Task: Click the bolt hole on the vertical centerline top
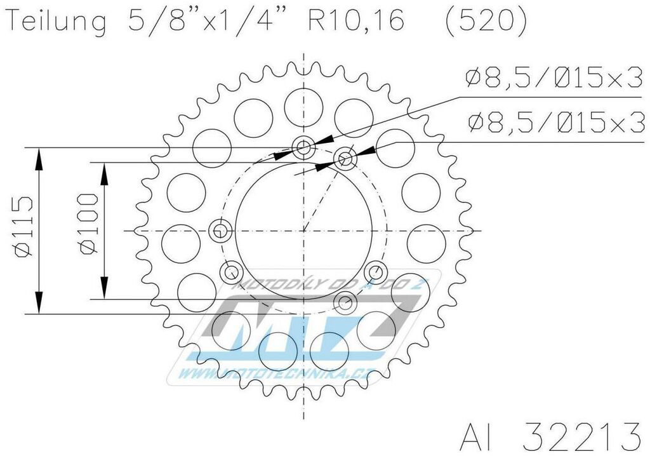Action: (x=304, y=148)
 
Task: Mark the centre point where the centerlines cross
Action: (x=304, y=230)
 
